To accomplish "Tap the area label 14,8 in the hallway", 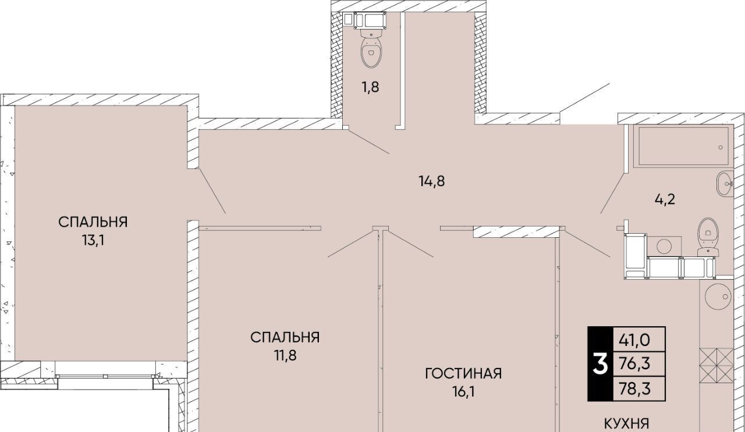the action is (432, 181).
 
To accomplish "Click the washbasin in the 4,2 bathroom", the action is (725, 184).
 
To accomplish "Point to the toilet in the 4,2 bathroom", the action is (708, 237).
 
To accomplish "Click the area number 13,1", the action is (94, 240).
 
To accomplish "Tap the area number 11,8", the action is (285, 356).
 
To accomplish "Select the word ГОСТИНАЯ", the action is (463, 373).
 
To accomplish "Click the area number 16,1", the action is (463, 392).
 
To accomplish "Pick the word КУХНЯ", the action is (626, 424).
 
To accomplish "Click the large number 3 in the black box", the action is (600, 364).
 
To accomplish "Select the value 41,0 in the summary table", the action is (634, 340).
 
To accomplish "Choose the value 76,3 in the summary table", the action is (634, 364).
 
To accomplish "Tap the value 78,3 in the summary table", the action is (634, 388).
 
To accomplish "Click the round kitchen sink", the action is (717, 297).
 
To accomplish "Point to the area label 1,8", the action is (371, 87).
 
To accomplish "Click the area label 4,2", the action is (665, 199).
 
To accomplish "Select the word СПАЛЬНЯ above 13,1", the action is (93, 222).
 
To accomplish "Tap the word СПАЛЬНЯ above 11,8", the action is (285, 338).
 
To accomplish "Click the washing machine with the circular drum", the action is (664, 247).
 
